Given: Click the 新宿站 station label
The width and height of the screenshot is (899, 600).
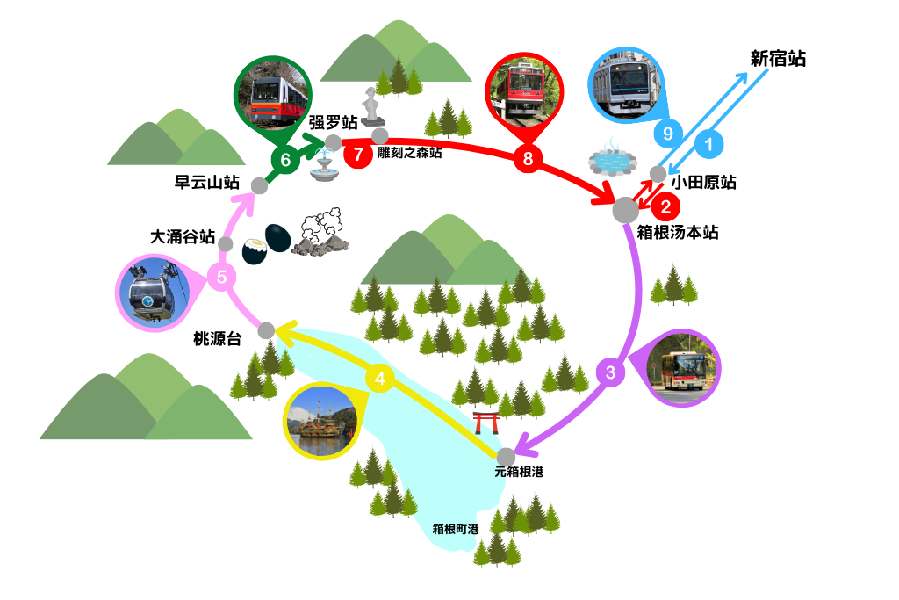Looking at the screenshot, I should pos(778,60).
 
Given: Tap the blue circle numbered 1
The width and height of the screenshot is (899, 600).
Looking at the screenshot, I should pos(709,141).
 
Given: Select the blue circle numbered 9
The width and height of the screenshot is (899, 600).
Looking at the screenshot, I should pos(669,134).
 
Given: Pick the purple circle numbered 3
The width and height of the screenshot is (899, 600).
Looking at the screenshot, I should pos(610,372).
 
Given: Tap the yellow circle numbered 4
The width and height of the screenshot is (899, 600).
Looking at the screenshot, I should pos(379,379).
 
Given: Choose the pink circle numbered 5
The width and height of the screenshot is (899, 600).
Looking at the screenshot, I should pos(221,278).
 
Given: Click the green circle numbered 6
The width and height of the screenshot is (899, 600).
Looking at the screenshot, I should pos(284,160).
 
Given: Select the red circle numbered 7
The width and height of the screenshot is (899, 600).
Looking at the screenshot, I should pos(357,154).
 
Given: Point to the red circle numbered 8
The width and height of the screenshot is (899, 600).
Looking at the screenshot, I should pos(528,159).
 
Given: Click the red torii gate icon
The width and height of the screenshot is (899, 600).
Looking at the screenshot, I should pos(486,423).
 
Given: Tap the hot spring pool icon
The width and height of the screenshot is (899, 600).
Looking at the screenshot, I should pos(613,161).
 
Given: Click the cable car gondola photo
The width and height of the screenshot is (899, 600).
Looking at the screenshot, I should pos(153,292).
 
